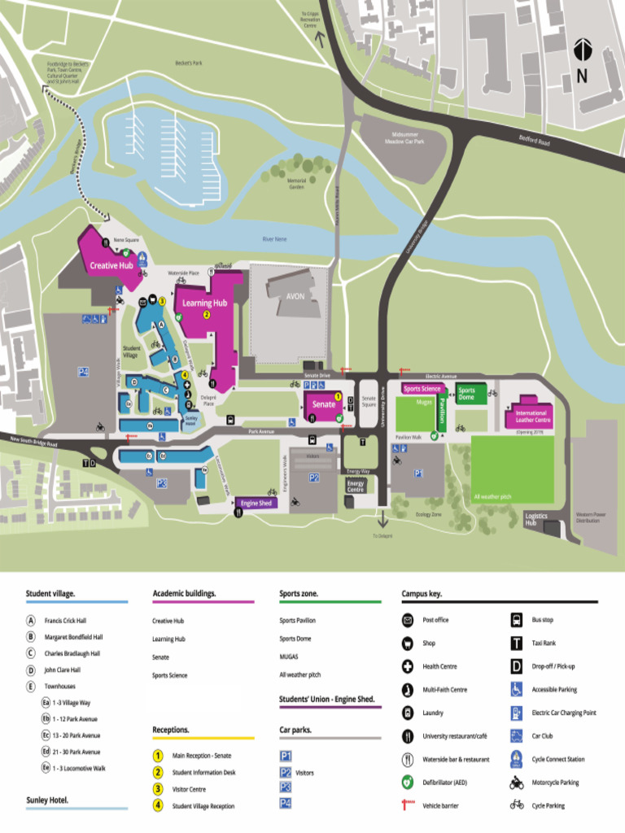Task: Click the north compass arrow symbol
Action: (x=581, y=50)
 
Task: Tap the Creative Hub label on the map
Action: (x=111, y=265)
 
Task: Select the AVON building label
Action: (x=295, y=296)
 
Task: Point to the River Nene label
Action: (x=274, y=239)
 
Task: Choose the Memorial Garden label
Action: (x=297, y=184)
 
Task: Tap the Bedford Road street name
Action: (x=535, y=141)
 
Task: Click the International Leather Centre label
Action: (x=533, y=416)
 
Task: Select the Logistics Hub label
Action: (x=536, y=519)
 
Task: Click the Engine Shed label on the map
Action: (x=256, y=504)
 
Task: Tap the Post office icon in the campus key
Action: (x=408, y=620)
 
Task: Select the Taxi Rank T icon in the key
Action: (x=516, y=643)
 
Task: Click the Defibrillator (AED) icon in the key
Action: (x=408, y=782)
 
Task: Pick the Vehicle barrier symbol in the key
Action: (x=408, y=805)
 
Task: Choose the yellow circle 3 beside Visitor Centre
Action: (x=158, y=788)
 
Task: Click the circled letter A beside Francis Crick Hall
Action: (x=31, y=620)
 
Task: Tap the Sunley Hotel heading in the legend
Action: (x=47, y=800)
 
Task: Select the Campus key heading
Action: (x=422, y=594)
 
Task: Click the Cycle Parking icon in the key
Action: (x=516, y=805)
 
